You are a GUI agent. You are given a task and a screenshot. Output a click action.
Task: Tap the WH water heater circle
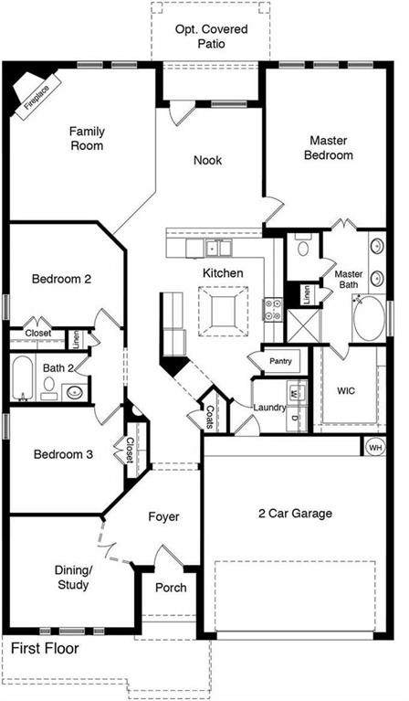[x=375, y=448]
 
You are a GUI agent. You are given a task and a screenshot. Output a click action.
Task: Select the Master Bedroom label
[x=328, y=148]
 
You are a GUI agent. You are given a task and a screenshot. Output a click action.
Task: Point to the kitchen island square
[x=224, y=311]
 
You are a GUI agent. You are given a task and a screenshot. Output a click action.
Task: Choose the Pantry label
[x=280, y=361]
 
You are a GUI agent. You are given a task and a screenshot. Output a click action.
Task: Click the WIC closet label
[x=346, y=391]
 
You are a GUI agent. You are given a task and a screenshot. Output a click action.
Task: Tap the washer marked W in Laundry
[x=294, y=393]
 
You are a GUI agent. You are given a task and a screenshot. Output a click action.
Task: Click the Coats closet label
[x=209, y=417]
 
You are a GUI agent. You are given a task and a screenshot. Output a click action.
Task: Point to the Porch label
[x=171, y=588]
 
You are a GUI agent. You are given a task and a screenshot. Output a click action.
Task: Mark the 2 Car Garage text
[x=295, y=514]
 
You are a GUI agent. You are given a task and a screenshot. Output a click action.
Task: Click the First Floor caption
[x=45, y=648]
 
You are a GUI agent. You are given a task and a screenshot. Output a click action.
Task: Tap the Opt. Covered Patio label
[x=211, y=37]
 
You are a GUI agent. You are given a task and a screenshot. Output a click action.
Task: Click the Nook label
[x=207, y=160]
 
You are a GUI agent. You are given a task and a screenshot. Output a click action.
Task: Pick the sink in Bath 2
[x=75, y=392]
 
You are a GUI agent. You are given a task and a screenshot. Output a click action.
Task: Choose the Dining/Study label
[x=73, y=578]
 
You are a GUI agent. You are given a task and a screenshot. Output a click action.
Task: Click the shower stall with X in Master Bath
[x=303, y=325]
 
